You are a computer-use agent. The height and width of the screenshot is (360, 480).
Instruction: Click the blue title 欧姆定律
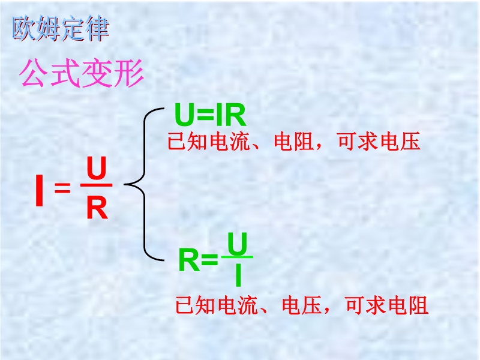tap(61, 29)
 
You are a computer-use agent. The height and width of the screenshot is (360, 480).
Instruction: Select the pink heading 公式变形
tap(82, 73)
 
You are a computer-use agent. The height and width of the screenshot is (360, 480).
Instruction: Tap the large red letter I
tap(39, 190)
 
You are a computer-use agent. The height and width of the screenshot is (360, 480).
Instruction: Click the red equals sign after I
tap(62, 187)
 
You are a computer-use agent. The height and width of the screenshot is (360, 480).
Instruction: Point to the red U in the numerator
tap(96, 169)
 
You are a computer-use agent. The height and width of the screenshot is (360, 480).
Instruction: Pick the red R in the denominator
tap(97, 207)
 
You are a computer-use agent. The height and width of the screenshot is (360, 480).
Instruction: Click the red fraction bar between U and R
tap(96, 185)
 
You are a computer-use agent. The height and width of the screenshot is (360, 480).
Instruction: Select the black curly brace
tap(145, 184)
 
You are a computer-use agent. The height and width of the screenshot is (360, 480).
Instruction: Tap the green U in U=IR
tap(185, 115)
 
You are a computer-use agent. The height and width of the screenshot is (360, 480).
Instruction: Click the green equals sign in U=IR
tap(206, 115)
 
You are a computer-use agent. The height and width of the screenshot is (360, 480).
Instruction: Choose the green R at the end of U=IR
tap(235, 115)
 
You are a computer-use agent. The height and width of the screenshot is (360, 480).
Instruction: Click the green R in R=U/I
tap(189, 260)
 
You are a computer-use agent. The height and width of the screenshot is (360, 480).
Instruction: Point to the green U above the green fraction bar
tap(237, 244)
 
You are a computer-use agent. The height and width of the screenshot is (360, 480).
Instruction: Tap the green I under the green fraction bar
tap(238, 275)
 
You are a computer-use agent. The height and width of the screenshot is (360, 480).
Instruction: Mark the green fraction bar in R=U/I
tap(237, 257)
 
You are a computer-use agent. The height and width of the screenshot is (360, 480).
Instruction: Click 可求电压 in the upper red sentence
tap(379, 142)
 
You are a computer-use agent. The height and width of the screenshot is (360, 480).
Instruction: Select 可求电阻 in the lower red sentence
tap(386, 305)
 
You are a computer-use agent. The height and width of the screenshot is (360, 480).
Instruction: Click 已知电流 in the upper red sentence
tap(209, 142)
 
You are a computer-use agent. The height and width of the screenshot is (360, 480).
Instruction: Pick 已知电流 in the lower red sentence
tap(217, 305)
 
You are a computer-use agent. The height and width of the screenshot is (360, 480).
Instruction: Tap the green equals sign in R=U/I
tap(209, 260)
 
